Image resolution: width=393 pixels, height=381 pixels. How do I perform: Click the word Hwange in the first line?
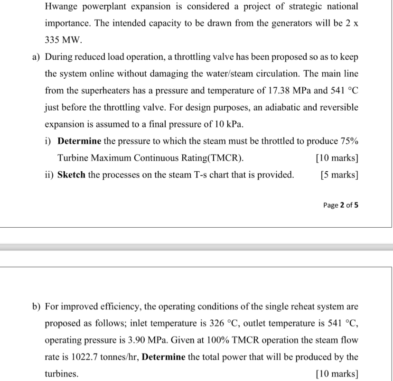pos(62,7)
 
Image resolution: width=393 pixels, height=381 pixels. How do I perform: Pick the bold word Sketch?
pos(71,175)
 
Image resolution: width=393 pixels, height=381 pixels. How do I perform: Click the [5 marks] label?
pos(339,175)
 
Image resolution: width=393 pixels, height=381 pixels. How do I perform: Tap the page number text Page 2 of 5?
pos(340,205)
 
